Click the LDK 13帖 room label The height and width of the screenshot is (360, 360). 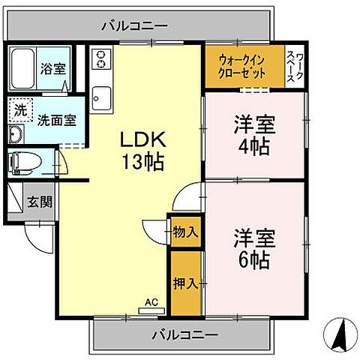(143, 150)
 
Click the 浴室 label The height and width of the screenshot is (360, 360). (52, 67)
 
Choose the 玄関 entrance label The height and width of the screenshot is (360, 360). (40, 201)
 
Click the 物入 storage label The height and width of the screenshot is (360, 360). (185, 232)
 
